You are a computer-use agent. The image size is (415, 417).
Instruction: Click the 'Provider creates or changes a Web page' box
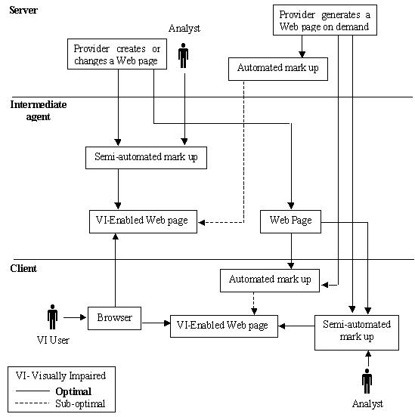(116, 55)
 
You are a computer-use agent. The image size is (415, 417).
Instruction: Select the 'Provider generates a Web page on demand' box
(324, 20)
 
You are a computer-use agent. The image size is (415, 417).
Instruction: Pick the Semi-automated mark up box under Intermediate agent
(145, 158)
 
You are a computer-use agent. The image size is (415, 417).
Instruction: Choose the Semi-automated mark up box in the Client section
(356, 331)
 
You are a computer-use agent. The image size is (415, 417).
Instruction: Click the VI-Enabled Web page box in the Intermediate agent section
(143, 221)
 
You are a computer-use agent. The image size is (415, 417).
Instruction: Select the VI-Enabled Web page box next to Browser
(222, 326)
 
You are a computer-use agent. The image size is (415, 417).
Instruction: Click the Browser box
(114, 318)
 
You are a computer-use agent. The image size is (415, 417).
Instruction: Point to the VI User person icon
(52, 317)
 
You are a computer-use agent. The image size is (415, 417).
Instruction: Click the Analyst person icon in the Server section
(183, 56)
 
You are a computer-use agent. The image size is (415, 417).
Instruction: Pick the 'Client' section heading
(24, 268)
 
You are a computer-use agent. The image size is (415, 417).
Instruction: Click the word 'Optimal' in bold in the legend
(73, 391)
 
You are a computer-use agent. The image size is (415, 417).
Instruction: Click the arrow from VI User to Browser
(74, 318)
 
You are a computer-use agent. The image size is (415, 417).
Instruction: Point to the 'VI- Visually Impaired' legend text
(61, 375)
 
